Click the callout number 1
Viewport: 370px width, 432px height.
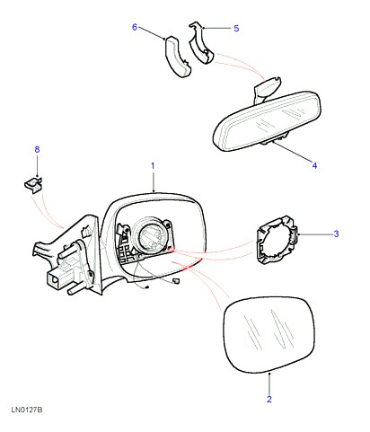[x=153, y=165]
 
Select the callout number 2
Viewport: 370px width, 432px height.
[x=269, y=399]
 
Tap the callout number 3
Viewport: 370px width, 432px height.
[x=336, y=234]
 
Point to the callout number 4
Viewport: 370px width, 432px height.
[x=314, y=165]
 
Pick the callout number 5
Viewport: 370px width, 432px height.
[x=236, y=29]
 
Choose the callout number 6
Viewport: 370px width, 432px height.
[x=135, y=27]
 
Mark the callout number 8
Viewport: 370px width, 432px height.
[x=37, y=149]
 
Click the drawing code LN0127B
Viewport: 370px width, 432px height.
[x=27, y=410]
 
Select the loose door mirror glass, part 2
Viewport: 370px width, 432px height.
[x=269, y=335]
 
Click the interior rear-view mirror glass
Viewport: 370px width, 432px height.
[x=267, y=121]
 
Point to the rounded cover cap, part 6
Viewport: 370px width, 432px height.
[x=178, y=57]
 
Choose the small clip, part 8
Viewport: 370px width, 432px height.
[x=33, y=185]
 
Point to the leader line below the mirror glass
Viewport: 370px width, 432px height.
[x=269, y=384]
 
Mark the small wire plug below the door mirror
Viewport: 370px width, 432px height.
[x=176, y=280]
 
